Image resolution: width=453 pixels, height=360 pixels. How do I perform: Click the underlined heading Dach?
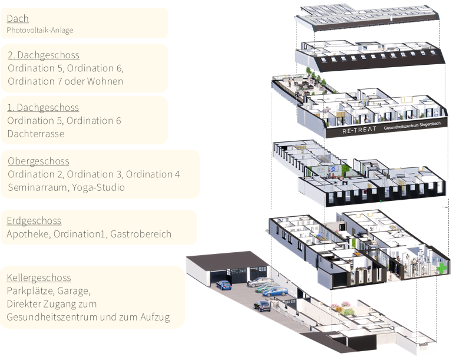click(x=18, y=19)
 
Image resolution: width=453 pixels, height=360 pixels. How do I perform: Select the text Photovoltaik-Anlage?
click(x=40, y=30)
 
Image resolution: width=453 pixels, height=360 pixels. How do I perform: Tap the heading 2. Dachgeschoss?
click(x=44, y=55)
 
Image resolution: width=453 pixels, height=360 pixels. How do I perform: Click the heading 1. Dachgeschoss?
click(x=42, y=108)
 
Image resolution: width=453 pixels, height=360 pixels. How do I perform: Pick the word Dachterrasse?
click(x=35, y=134)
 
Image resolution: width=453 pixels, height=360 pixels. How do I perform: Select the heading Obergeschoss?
click(x=38, y=161)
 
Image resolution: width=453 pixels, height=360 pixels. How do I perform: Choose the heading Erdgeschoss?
click(x=34, y=221)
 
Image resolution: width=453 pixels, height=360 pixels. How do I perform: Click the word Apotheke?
click(x=28, y=234)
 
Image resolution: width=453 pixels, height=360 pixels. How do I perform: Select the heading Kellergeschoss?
click(x=39, y=278)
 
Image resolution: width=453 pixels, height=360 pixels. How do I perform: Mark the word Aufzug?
click(x=155, y=317)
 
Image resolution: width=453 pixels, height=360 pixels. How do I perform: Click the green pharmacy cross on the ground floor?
click(x=441, y=268)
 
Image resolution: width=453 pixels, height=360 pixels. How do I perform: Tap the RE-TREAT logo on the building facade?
click(x=359, y=130)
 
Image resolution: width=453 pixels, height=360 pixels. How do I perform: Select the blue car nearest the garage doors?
click(x=224, y=285)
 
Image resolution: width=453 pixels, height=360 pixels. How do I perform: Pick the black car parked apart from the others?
click(x=261, y=305)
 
